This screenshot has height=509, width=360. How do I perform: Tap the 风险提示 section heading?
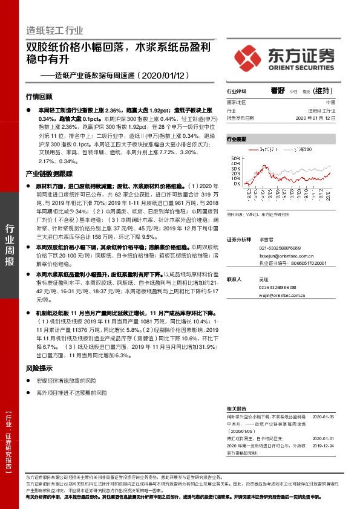tap(39, 368)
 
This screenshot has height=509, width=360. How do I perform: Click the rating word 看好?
tap(278, 91)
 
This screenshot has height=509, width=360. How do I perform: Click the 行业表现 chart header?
tap(237, 139)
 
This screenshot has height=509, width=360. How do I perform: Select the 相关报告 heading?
tap(237, 409)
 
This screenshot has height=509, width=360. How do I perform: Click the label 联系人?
tap(234, 279)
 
